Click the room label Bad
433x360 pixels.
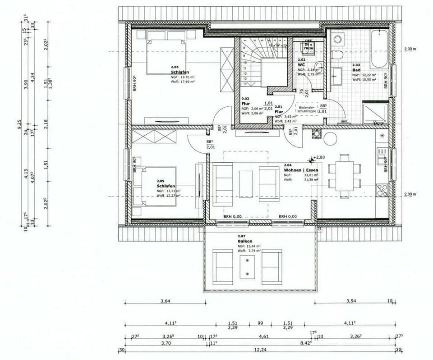(x=356, y=70)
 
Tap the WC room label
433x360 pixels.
(x=301, y=64)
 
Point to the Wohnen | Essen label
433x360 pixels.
(x=301, y=170)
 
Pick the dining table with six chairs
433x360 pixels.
(x=345, y=176)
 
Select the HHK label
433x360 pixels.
(x=344, y=121)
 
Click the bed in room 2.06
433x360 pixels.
(x=166, y=56)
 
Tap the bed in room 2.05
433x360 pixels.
(x=156, y=186)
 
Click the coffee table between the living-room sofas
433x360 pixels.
(x=246, y=183)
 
